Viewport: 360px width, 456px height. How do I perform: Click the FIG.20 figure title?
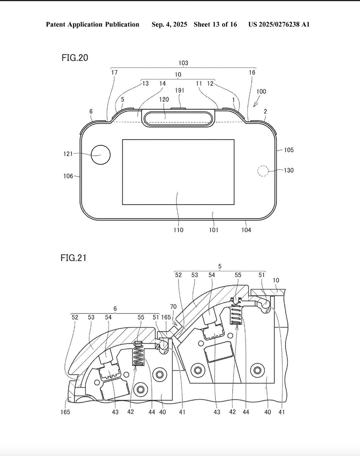point(75,58)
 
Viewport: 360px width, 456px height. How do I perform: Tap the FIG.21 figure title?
point(73,258)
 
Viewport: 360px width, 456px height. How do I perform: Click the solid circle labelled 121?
point(101,155)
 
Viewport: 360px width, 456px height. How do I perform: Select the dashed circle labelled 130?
point(263,171)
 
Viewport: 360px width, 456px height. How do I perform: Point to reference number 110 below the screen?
point(178,230)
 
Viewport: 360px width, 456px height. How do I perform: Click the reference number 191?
point(180,90)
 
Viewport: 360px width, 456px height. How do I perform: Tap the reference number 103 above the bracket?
point(183,63)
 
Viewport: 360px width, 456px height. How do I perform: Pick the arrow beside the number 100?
point(256,103)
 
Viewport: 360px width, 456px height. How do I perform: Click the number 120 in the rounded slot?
point(164,99)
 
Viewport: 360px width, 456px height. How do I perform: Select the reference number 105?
point(289,150)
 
